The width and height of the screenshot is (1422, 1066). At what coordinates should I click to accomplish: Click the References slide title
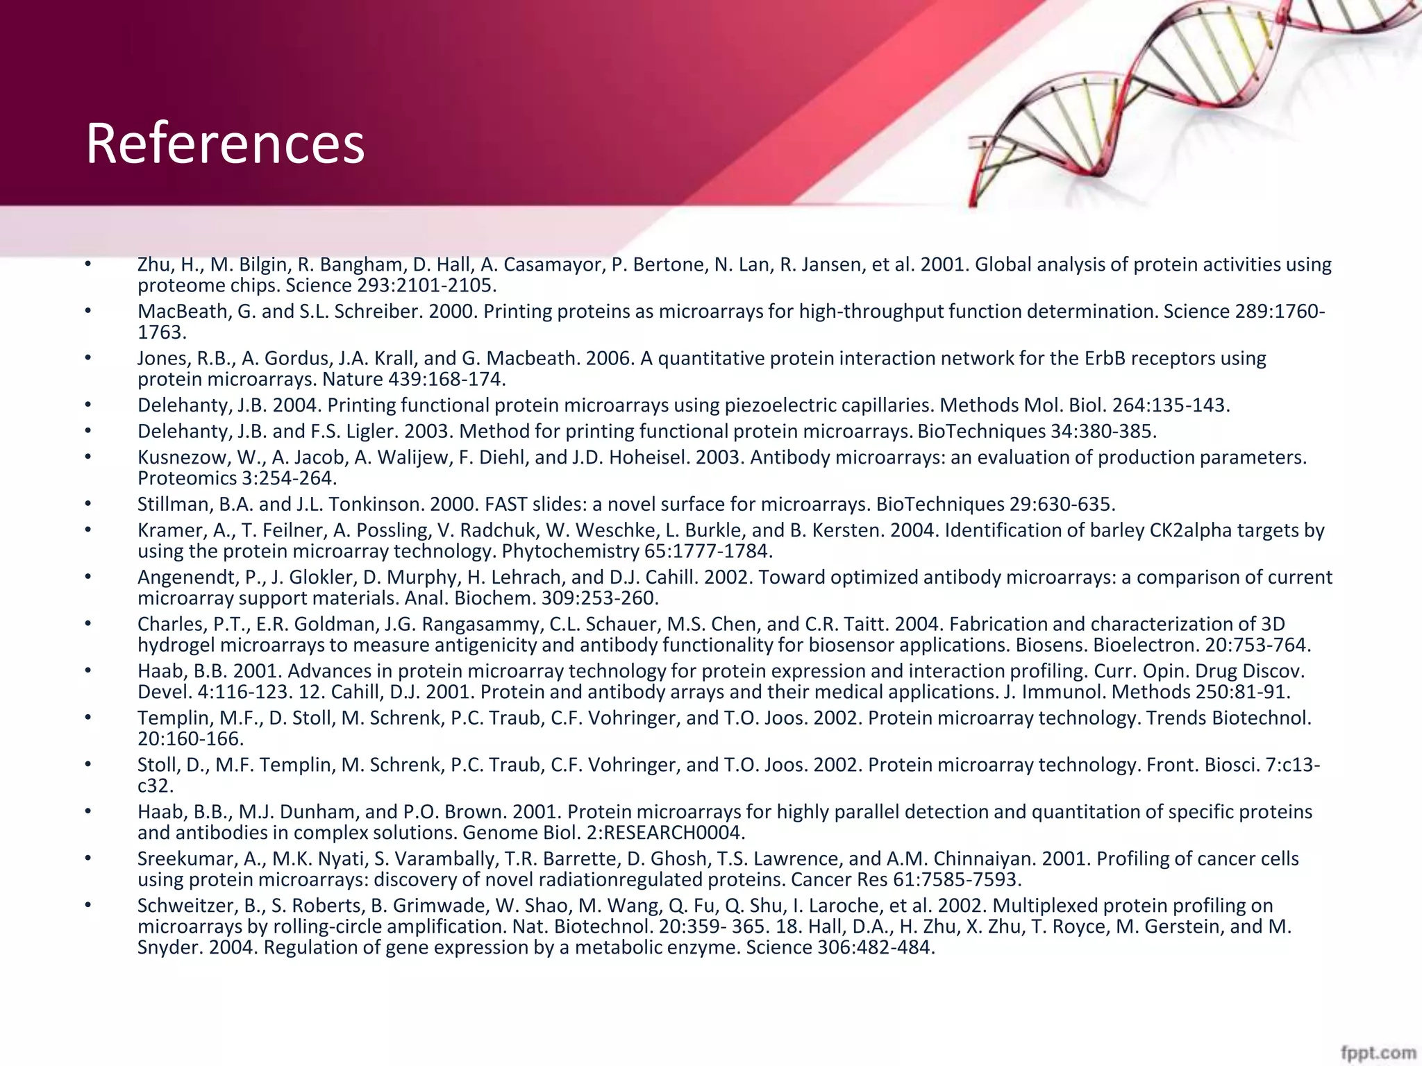[x=225, y=144]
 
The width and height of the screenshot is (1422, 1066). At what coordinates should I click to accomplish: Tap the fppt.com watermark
[x=1378, y=1053]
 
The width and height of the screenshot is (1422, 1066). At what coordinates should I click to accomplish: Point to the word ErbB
[x=1099, y=359]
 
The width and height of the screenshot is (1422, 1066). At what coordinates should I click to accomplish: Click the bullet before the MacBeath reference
[x=88, y=312]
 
